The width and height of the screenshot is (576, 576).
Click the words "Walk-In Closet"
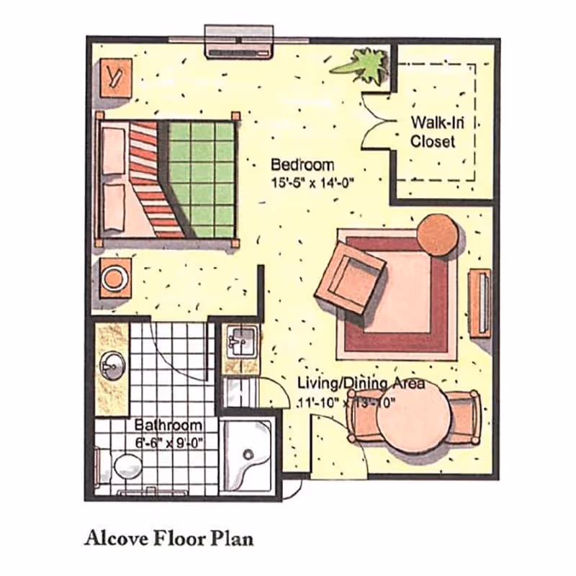click(433, 132)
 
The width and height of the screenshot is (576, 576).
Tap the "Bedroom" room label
click(302, 164)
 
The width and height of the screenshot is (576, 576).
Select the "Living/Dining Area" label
click(361, 384)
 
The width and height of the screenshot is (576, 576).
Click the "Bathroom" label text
click(168, 426)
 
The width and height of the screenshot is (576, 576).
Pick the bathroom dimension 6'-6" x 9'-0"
click(168, 443)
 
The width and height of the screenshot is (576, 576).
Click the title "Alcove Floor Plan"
click(168, 538)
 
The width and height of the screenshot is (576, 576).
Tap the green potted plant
click(364, 65)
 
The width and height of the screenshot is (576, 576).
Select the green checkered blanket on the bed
click(202, 179)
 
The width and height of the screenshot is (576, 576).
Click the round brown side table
click(438, 235)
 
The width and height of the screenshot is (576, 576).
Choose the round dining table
click(413, 421)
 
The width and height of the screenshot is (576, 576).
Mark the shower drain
click(249, 454)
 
